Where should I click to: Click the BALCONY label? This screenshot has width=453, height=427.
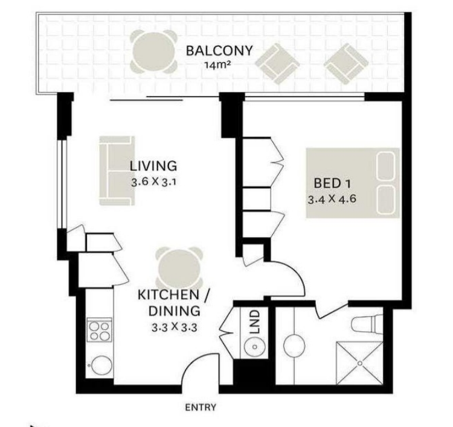219,51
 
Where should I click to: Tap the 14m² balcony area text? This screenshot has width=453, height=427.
217,65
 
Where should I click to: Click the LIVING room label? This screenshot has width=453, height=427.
153,166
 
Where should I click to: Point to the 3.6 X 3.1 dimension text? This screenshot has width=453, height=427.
153,182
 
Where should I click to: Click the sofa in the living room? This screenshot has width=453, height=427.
117,171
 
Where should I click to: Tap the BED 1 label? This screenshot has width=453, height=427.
332,183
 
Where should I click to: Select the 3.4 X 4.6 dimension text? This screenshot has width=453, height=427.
332,199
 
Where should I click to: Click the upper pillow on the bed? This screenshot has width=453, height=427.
386,166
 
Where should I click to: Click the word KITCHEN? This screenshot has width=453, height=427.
169,295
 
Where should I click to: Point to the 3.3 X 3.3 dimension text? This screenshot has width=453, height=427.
175,327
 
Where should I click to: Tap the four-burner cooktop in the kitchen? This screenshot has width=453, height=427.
100,330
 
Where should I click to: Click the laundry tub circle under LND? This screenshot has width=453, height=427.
254,347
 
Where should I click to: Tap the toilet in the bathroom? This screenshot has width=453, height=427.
367,324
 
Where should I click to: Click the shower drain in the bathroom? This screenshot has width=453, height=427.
360,363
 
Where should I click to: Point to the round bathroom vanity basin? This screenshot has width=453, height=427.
294,346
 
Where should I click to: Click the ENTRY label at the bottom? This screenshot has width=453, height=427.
201,407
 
